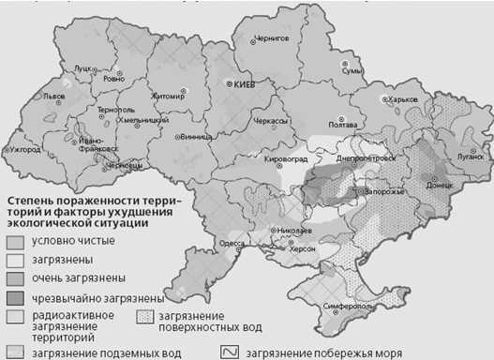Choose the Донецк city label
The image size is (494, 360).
click(x=436, y=187)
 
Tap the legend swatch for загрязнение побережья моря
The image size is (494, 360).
click(x=231, y=352)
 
